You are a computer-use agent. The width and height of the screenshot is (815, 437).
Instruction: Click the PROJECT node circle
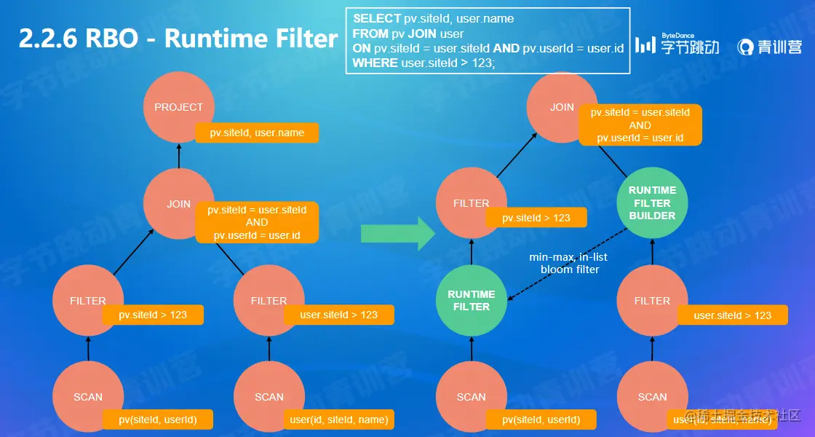[179, 107]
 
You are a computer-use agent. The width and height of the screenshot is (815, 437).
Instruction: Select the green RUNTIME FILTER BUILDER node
[652, 203]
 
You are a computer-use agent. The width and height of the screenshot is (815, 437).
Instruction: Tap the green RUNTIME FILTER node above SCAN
[471, 300]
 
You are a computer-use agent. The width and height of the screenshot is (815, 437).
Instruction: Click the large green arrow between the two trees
[397, 233]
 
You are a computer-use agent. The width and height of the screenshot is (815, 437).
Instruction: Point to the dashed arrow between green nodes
[568, 264]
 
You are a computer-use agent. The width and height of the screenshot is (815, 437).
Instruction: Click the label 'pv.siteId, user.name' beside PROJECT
[257, 133]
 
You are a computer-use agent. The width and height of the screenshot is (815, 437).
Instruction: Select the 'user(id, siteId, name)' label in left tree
[338, 419]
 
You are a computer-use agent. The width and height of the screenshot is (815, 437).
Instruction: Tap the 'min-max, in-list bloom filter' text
[569, 263]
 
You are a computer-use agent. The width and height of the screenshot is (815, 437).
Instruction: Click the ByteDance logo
[677, 45]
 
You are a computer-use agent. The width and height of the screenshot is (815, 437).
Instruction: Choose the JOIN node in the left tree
[179, 204]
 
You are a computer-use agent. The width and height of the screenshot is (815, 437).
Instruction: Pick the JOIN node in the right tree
[562, 107]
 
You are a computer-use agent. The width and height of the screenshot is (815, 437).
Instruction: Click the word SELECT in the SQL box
[377, 18]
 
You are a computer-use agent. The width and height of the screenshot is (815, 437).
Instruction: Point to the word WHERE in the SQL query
[375, 63]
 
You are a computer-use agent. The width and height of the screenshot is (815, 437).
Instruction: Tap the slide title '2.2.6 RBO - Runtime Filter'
[178, 38]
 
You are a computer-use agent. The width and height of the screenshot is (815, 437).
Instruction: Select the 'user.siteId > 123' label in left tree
[338, 315]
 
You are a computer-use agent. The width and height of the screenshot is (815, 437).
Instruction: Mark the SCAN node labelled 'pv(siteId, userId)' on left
[88, 397]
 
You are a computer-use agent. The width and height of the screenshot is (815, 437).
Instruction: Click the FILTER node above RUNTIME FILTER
[471, 203]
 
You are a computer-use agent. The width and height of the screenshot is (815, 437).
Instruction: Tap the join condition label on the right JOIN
[640, 125]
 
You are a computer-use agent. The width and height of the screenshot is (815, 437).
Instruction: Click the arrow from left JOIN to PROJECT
[179, 155]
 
